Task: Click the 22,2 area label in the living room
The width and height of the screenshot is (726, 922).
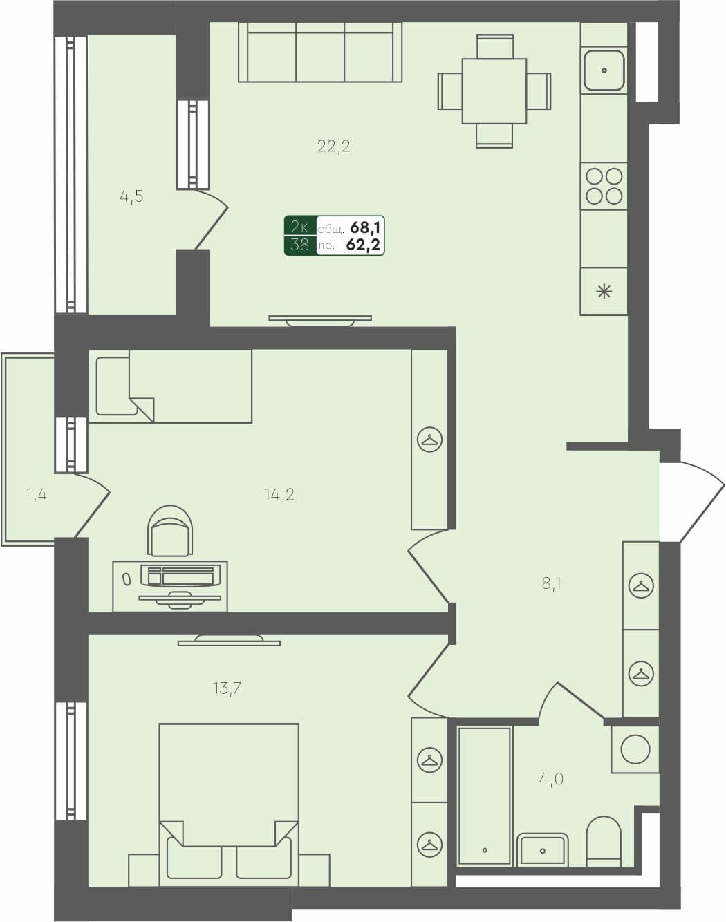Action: (x=334, y=146)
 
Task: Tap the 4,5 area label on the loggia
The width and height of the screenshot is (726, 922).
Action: (x=131, y=196)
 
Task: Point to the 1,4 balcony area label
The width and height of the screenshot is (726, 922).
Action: (x=37, y=494)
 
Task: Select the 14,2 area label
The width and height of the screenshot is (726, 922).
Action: (x=279, y=494)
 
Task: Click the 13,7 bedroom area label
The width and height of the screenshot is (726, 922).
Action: (x=227, y=688)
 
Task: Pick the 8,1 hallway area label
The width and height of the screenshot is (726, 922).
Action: (x=551, y=583)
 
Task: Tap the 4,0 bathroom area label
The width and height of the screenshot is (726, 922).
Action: (x=551, y=780)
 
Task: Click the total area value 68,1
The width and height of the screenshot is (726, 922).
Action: (x=366, y=227)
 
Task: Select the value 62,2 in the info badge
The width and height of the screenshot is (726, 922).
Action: (x=364, y=245)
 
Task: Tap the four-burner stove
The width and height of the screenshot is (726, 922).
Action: (x=604, y=186)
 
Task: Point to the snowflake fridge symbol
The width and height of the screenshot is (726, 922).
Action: (x=604, y=292)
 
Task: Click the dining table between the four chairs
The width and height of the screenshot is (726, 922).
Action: (x=494, y=91)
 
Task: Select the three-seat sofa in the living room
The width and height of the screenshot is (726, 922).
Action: (x=320, y=54)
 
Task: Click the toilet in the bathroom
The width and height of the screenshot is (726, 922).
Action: (x=604, y=840)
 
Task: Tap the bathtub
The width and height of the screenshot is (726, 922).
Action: (x=485, y=795)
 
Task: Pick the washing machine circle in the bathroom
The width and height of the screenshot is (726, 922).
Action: (x=635, y=749)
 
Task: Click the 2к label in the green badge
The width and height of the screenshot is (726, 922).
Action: (x=300, y=227)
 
